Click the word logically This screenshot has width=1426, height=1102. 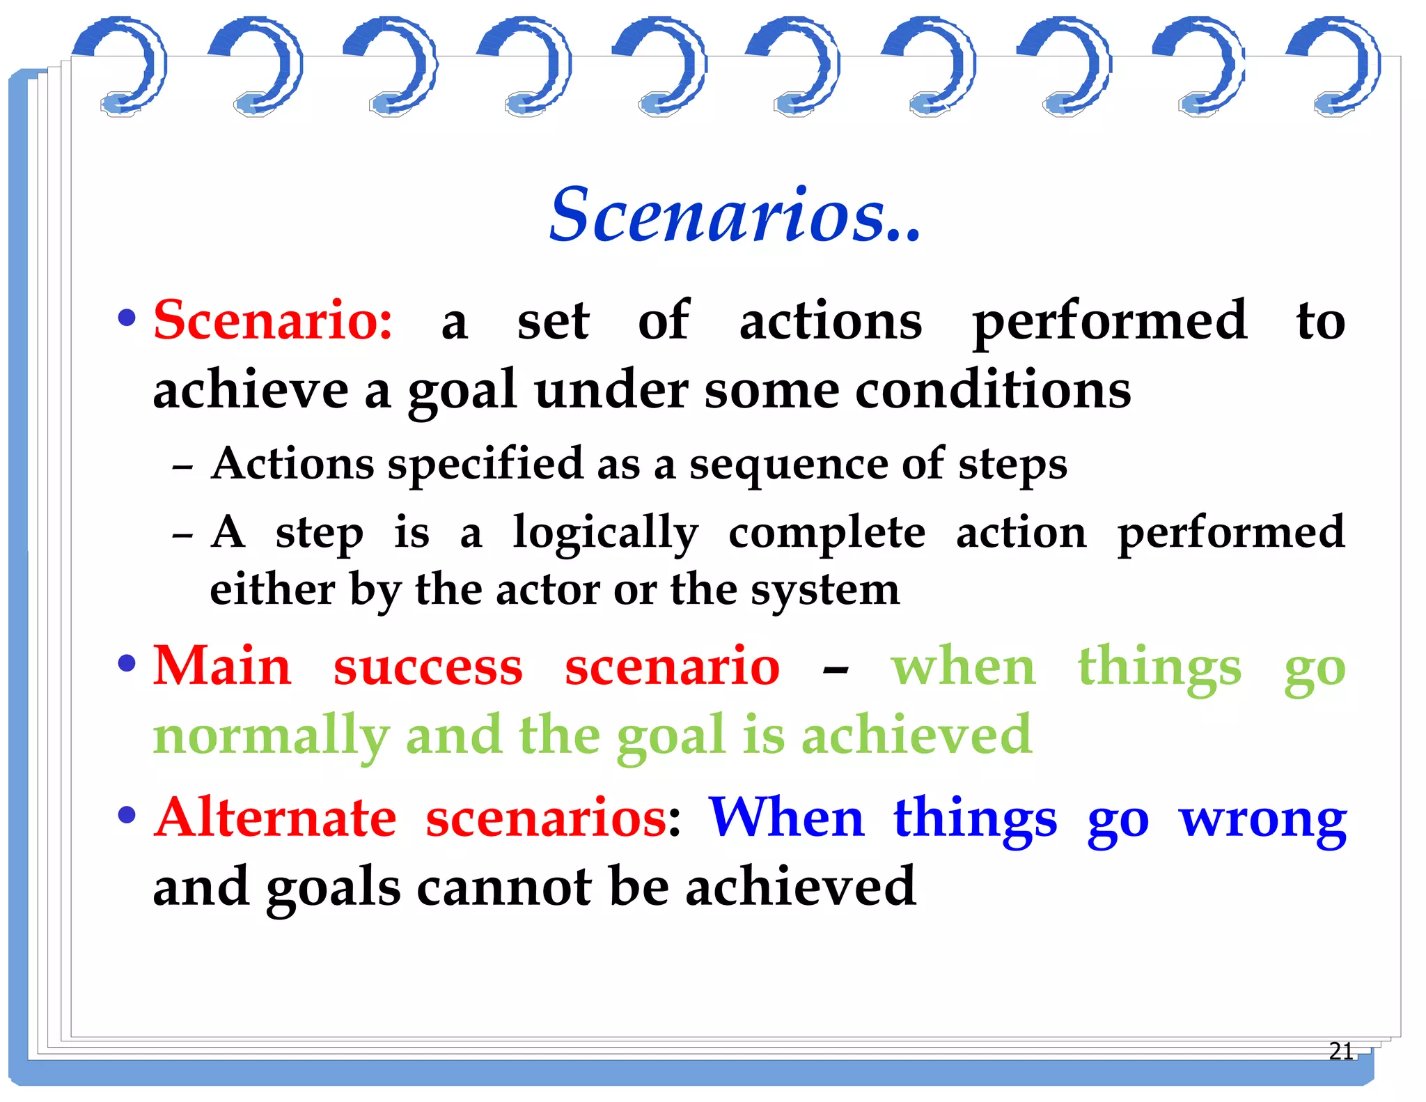605,534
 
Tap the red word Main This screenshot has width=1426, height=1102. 221,666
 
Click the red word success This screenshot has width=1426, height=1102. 428,667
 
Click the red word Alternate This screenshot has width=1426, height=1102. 276,818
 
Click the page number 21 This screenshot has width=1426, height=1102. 1340,1050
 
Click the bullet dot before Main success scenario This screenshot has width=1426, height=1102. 127,662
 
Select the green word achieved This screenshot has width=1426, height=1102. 916,736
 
